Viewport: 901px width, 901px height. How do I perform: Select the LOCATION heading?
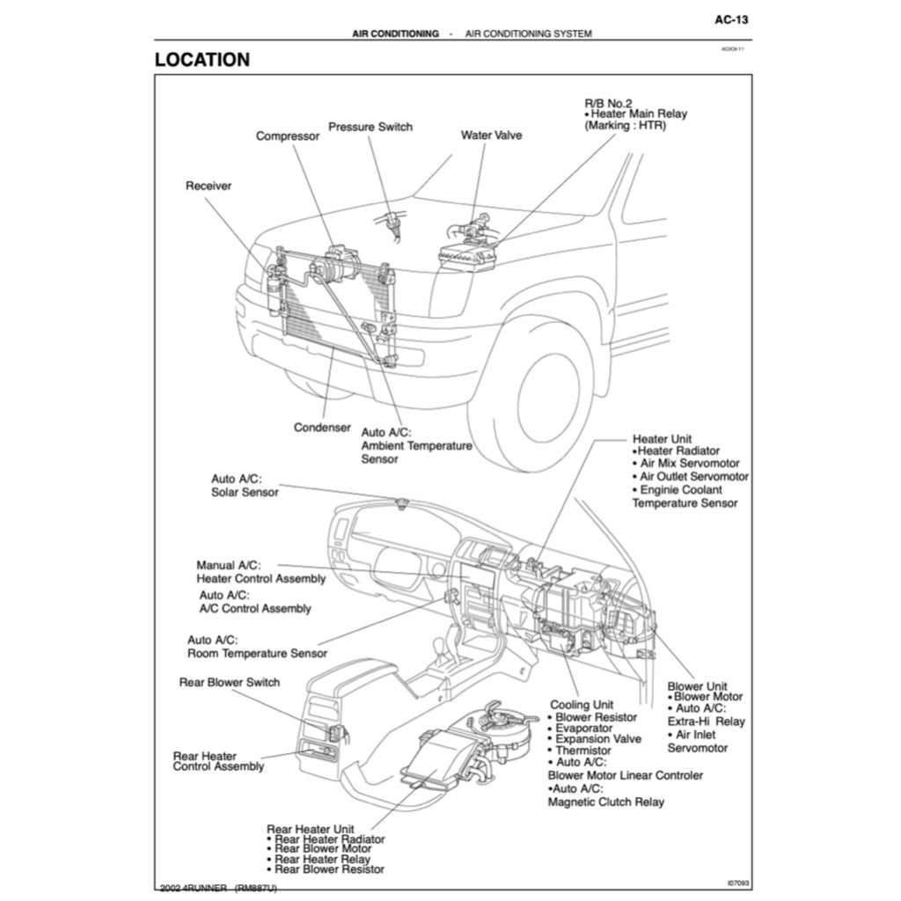201,60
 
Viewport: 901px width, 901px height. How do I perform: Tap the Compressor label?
288,136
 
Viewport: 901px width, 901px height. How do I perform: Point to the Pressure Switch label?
370,127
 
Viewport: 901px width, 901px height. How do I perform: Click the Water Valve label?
491,136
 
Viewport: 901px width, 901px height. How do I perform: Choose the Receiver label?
209,186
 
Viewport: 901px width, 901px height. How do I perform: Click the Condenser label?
322,428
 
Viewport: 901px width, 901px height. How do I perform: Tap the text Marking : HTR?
626,126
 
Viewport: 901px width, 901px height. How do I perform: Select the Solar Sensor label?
245,492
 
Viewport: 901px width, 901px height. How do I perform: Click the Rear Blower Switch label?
229,682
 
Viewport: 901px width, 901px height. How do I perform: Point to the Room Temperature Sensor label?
257,654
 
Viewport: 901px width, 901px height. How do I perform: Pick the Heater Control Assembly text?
260,579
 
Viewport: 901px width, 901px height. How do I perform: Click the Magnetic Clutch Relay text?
606,802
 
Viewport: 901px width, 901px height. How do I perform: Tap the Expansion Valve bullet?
598,739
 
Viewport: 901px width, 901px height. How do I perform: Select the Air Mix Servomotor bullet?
690,463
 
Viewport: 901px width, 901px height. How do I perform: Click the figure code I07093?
737,881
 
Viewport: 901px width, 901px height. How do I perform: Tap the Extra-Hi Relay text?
706,722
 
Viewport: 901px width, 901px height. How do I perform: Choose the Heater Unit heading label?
662,439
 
